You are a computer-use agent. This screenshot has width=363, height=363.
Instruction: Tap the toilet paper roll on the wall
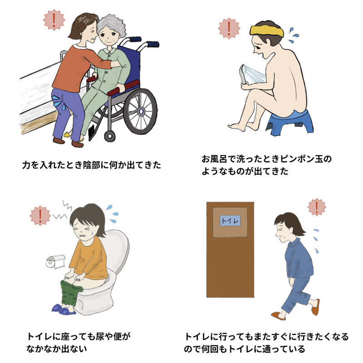point(55,261)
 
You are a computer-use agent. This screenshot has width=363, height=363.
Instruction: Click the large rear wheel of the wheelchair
point(141,111)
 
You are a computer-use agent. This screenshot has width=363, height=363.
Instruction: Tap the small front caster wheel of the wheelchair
point(109,135)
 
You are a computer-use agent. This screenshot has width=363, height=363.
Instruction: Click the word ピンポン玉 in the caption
point(307,159)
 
